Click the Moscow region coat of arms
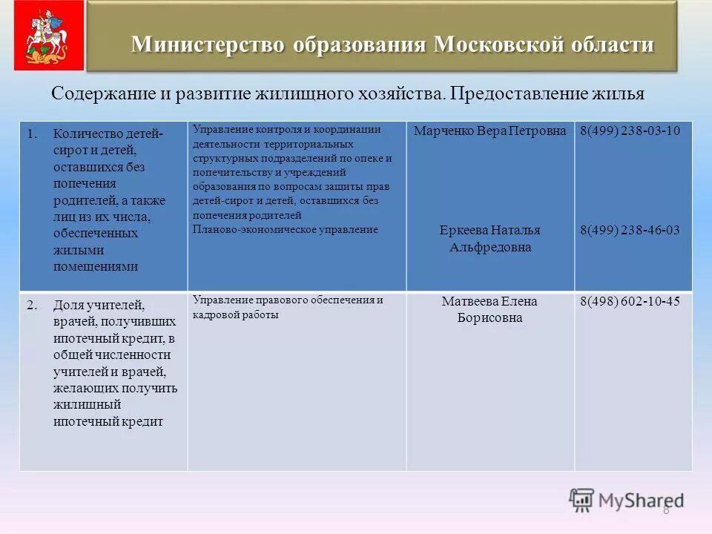[43, 35]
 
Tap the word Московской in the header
[498, 44]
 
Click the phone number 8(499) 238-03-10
[630, 131]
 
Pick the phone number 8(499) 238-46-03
[630, 230]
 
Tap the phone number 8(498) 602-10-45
[630, 301]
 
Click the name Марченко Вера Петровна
[489, 131]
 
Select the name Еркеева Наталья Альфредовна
[489, 239]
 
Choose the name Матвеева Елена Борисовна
[489, 309]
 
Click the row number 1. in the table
[32, 134]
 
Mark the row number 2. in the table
[32, 305]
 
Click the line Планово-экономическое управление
[286, 230]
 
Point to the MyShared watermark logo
[627, 500]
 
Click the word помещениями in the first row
[96, 266]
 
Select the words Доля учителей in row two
[99, 305]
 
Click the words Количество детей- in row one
[108, 134]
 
